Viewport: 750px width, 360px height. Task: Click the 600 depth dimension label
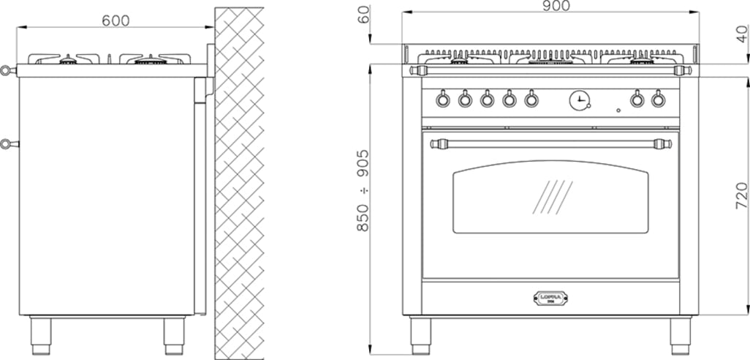(x=116, y=20)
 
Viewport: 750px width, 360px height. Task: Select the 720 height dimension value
(x=741, y=196)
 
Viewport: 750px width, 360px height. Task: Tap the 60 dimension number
(x=364, y=15)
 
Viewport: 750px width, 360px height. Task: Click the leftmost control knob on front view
(x=443, y=99)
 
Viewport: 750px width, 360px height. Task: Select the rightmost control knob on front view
(x=659, y=98)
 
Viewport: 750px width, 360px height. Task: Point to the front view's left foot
(x=420, y=332)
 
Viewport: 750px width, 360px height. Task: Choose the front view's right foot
(x=681, y=332)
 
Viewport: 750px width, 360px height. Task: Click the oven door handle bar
(x=550, y=143)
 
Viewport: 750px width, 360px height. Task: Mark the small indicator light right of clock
(x=618, y=110)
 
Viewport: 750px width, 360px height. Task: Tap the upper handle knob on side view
(x=6, y=71)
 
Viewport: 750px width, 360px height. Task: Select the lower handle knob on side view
(x=6, y=143)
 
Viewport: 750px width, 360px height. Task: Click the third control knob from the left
(x=487, y=99)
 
